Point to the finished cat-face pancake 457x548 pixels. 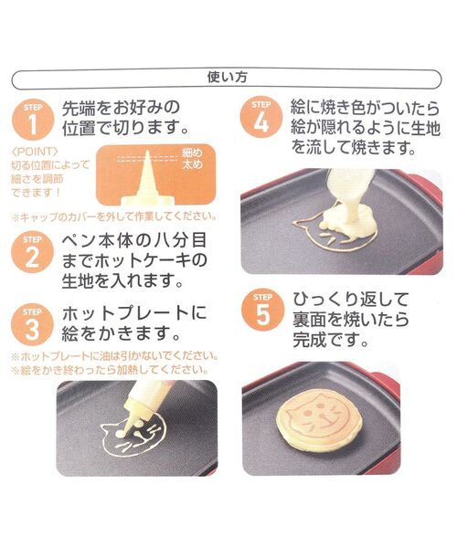tap(313, 421)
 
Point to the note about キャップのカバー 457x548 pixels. tap(113, 216)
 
